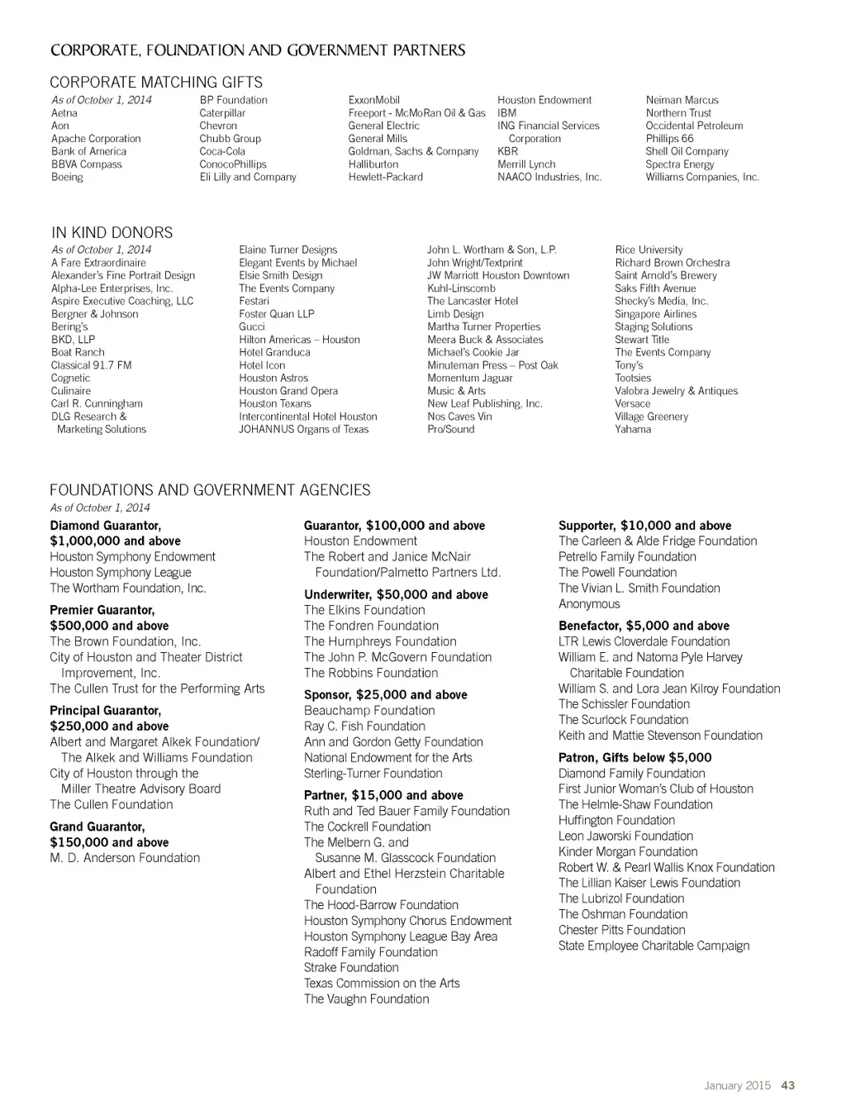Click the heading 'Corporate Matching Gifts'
click(x=156, y=82)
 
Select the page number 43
click(x=787, y=1085)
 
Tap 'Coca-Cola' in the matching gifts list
click(x=222, y=151)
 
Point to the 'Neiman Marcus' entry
click(x=682, y=100)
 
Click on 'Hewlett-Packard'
click(x=385, y=177)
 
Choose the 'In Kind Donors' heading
click(x=112, y=232)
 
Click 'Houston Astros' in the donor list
click(x=273, y=378)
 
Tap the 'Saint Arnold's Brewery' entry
click(x=665, y=275)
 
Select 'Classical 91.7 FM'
click(x=91, y=365)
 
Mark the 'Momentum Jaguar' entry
click(x=469, y=378)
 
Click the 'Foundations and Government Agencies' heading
click(x=210, y=490)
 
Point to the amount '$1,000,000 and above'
click(x=115, y=541)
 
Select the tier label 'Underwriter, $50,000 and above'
click(x=396, y=594)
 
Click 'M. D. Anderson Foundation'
click(x=125, y=858)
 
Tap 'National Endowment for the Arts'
click(x=387, y=758)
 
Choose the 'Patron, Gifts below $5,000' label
click(x=634, y=757)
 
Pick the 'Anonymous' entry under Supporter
click(x=588, y=604)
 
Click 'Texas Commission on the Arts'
click(x=381, y=984)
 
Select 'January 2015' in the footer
click(x=737, y=1085)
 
